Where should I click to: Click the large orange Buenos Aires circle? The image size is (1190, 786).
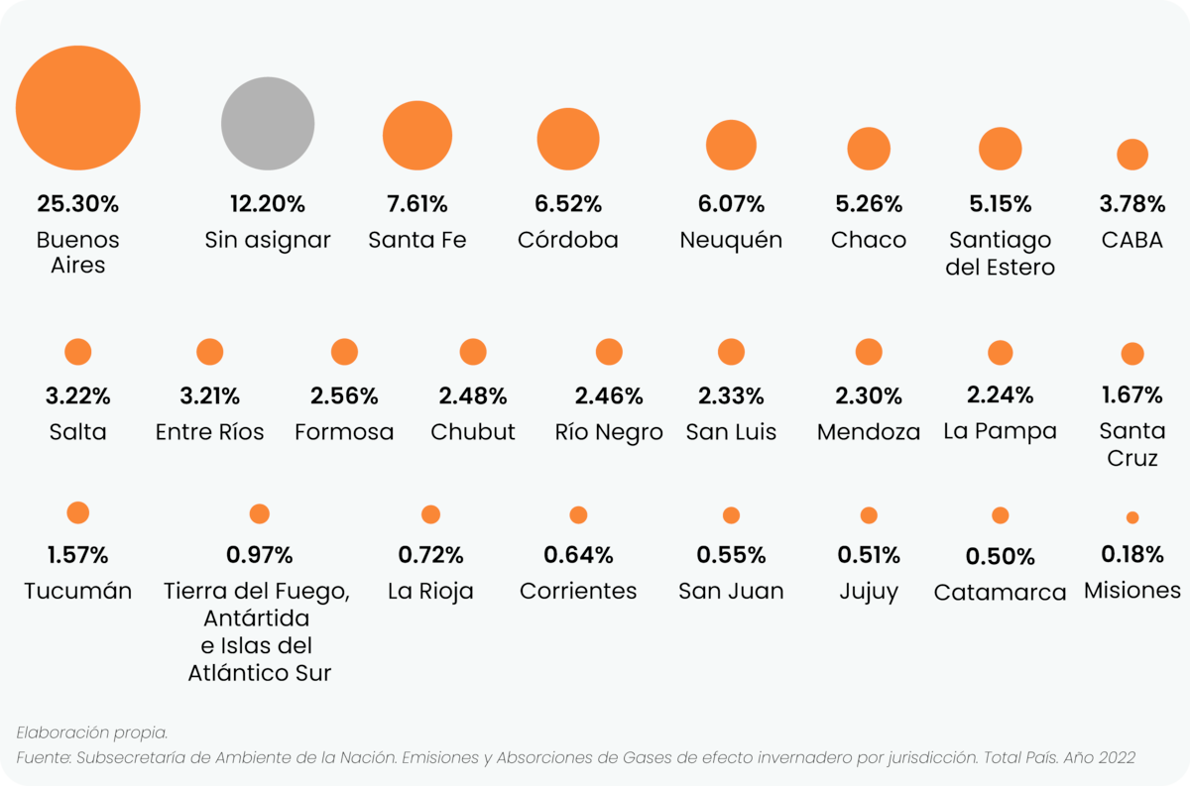(x=78, y=108)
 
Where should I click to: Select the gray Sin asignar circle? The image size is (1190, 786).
(x=268, y=124)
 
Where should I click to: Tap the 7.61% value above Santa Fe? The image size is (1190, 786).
(x=417, y=204)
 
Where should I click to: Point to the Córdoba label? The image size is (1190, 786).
(x=568, y=240)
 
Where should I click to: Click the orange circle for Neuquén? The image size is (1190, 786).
(x=731, y=145)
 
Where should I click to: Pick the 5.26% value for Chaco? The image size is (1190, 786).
(x=869, y=204)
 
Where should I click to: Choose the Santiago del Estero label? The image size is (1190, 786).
(x=1001, y=254)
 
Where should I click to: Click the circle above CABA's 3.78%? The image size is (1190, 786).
(x=1132, y=155)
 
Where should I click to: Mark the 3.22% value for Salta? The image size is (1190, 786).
(x=78, y=396)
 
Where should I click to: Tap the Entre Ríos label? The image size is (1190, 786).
(x=210, y=432)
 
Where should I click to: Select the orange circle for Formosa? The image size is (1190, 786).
(x=344, y=352)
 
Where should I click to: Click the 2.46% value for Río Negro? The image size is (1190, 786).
(x=609, y=396)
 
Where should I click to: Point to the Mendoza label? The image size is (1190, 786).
(x=869, y=432)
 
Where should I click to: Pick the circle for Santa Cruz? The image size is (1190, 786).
(x=1132, y=354)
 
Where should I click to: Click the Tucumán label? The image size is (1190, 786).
(x=78, y=591)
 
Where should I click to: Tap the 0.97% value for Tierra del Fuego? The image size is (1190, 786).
(x=259, y=555)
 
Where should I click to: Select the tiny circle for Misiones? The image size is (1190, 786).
(x=1132, y=517)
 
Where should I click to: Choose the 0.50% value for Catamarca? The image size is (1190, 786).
(x=1001, y=557)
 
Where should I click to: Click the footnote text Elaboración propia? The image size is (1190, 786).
(x=92, y=732)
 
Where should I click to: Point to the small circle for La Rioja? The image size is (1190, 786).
(x=430, y=514)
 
